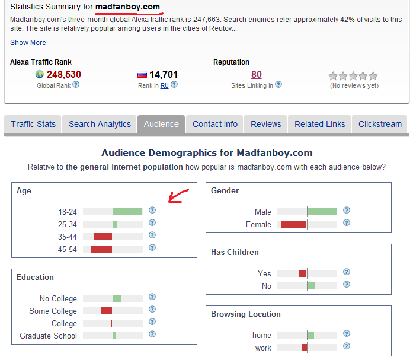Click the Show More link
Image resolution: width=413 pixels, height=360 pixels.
pyautogui.click(x=28, y=43)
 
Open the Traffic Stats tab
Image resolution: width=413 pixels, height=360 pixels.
pyautogui.click(x=33, y=124)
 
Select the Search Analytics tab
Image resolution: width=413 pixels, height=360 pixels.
pyautogui.click(x=100, y=124)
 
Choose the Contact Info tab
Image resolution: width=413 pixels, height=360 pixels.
pyautogui.click(x=215, y=124)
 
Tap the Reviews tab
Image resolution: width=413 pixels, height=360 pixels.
pyautogui.click(x=266, y=124)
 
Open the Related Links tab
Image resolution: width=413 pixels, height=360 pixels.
pyautogui.click(x=320, y=124)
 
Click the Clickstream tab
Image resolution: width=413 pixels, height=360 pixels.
pyautogui.click(x=380, y=124)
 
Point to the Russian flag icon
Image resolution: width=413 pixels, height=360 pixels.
pyautogui.click(x=142, y=75)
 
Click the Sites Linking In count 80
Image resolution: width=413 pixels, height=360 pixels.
pyautogui.click(x=256, y=74)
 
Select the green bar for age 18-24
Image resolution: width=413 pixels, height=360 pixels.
pyautogui.click(x=127, y=211)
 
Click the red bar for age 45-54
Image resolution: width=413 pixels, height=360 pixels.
pyautogui.click(x=102, y=249)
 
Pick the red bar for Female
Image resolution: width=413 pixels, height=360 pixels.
pyautogui.click(x=294, y=224)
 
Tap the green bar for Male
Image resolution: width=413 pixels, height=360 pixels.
pyautogui.click(x=322, y=212)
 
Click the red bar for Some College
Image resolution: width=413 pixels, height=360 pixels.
pyautogui.click(x=107, y=311)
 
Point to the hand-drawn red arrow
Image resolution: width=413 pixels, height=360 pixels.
pyautogui.click(x=178, y=195)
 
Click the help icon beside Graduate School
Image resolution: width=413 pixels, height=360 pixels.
pyautogui.click(x=152, y=335)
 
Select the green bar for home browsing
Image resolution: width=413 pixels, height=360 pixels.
pyautogui.click(x=310, y=335)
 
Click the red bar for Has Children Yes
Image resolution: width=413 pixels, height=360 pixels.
pyautogui.click(x=303, y=273)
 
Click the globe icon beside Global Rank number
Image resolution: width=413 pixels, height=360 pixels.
pyautogui.click(x=40, y=75)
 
